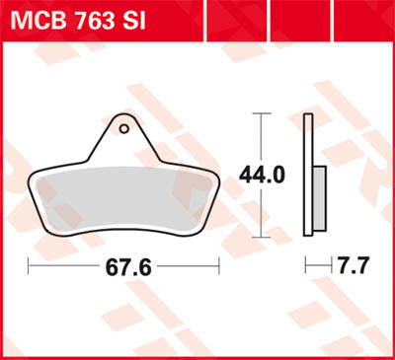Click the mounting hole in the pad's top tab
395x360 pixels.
pyautogui.click(x=124, y=126)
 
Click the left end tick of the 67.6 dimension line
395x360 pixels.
pyautogui.click(x=29, y=267)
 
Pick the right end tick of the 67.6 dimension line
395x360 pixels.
pyautogui.click(x=216, y=267)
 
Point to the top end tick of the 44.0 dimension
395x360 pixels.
pyautogui.click(x=261, y=113)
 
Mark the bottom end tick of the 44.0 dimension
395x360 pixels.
pyautogui.click(x=261, y=238)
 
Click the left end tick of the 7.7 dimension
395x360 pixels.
pyautogui.click(x=306, y=267)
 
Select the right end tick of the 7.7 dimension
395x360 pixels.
pyautogui.click(x=327, y=267)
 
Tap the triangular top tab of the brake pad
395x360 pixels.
pyautogui.click(x=124, y=138)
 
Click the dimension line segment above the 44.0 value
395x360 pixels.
pyautogui.click(x=261, y=138)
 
